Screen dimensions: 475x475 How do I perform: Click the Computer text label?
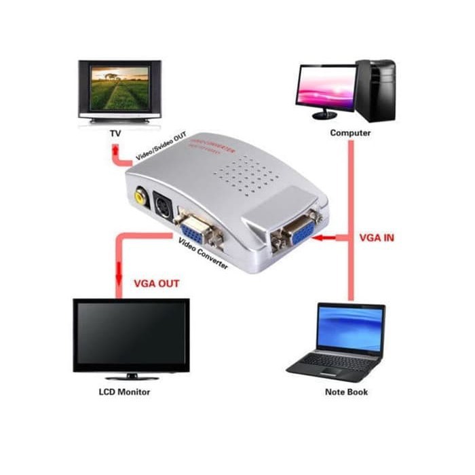coord(350,133)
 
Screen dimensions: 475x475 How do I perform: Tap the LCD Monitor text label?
coord(124,392)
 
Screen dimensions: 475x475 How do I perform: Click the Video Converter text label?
coord(203,253)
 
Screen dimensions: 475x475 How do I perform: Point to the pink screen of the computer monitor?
coord(326,86)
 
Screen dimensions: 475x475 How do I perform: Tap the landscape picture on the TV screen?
coord(120,88)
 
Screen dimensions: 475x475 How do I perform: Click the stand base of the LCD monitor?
coord(130,377)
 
